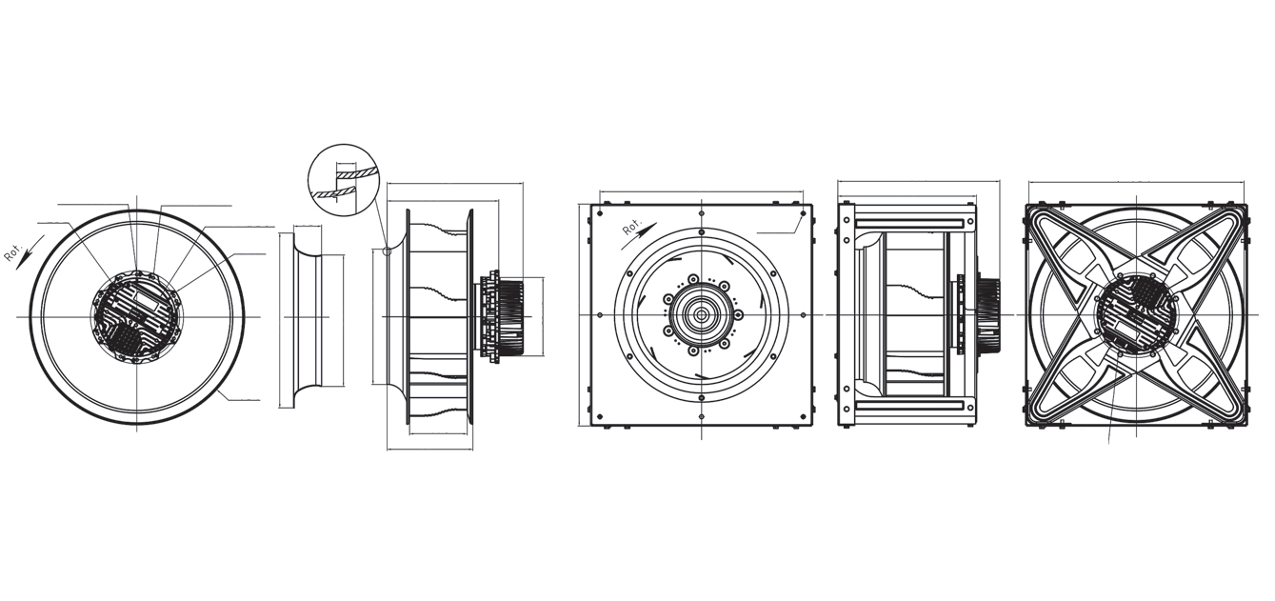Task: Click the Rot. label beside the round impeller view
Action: (13, 252)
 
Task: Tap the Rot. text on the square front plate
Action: (632, 226)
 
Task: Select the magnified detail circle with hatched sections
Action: (343, 179)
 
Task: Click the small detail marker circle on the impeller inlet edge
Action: (388, 250)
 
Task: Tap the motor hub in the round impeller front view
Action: (136, 316)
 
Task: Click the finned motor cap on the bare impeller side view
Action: (515, 316)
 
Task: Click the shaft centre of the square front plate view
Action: (701, 314)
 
